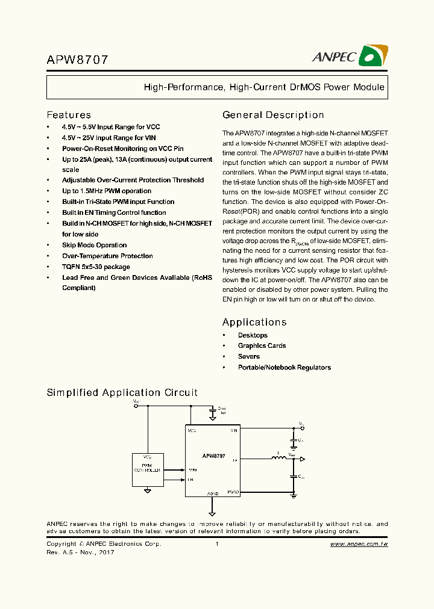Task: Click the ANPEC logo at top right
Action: point(348,56)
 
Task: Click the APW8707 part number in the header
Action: point(78,60)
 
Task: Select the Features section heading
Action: point(69,115)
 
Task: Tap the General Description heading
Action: point(273,115)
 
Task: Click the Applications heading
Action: point(254,323)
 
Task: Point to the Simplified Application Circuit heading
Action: point(122,392)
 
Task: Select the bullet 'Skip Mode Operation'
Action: point(94,245)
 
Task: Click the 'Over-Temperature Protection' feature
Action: point(107,256)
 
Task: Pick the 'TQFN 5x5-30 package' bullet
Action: point(96,267)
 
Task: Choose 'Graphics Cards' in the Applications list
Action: point(262,345)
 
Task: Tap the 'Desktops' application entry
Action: point(253,335)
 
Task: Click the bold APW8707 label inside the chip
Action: point(213,456)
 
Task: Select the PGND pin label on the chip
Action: point(233,492)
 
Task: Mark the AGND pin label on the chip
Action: point(212,493)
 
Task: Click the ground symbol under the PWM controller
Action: point(148,490)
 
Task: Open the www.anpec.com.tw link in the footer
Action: point(359,544)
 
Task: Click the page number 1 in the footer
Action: point(216,544)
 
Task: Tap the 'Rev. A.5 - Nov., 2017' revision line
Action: point(80,552)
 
